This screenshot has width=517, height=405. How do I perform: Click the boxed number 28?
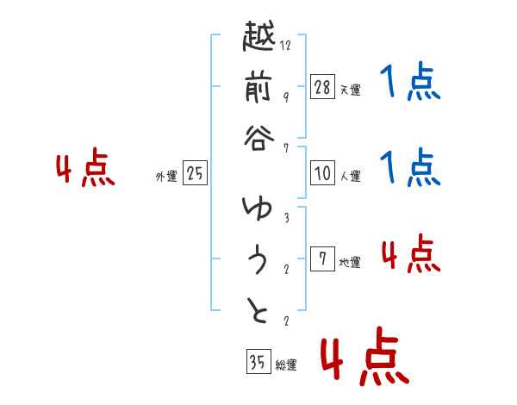tap(322, 85)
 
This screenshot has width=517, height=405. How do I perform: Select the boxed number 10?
tap(322, 173)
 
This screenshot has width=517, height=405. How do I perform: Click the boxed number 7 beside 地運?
tap(322, 259)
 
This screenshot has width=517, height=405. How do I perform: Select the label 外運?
tap(166, 177)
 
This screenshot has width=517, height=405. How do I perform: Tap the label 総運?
tap(286, 365)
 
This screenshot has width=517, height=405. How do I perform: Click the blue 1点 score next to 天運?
tap(410, 83)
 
